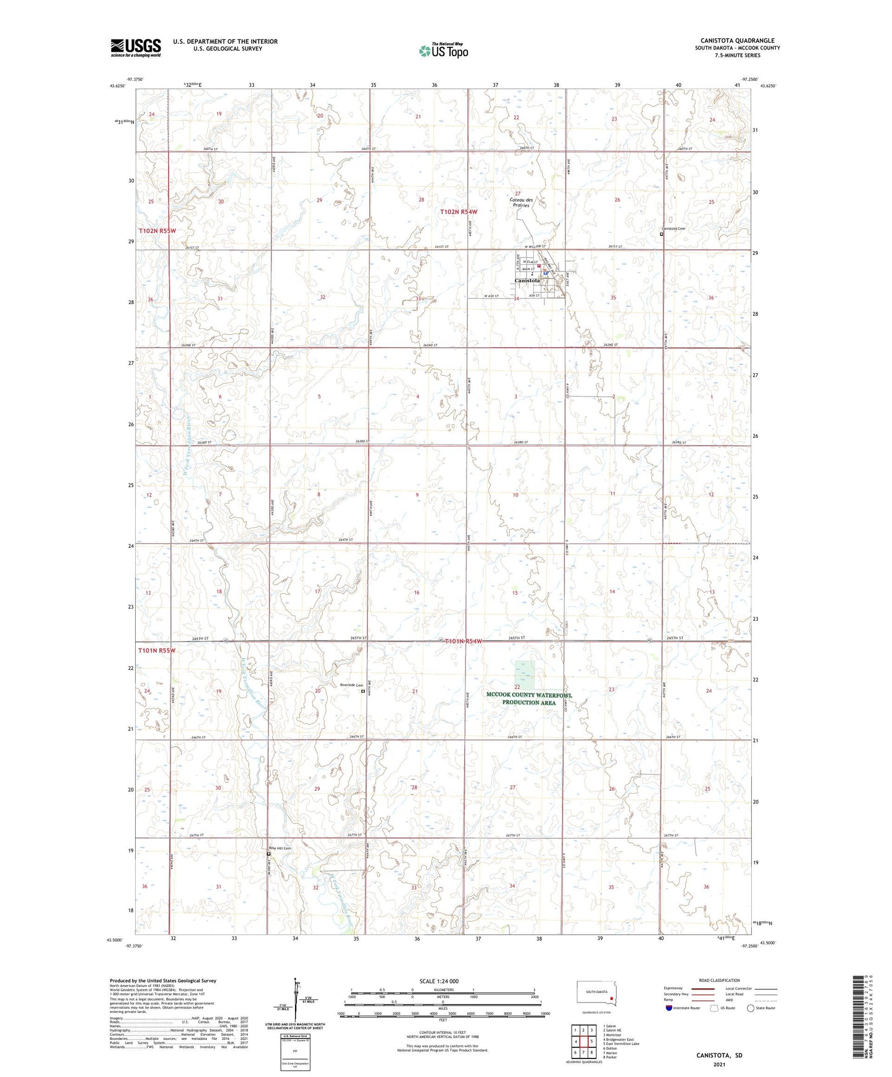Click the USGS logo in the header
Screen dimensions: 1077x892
coord(136,47)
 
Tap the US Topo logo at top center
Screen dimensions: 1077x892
coord(443,50)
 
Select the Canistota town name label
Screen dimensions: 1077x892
coord(527,281)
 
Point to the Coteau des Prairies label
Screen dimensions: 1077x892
coord(521,202)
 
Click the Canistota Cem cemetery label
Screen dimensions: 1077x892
coord(673,228)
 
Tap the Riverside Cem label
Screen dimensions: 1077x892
coord(351,685)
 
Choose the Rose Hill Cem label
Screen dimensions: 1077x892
coord(279,848)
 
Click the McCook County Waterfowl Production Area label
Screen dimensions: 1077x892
coord(529,698)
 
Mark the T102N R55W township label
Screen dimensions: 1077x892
coord(157,231)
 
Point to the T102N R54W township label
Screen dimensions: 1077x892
coord(459,212)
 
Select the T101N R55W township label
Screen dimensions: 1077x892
coord(157,650)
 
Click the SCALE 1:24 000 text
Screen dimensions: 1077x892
coord(439,981)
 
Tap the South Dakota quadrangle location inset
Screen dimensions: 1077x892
coord(596,996)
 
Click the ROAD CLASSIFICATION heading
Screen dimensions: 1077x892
coord(719,980)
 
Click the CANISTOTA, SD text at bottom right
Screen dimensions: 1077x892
coord(719,1055)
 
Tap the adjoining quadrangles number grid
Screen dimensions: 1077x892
coord(583,1041)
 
